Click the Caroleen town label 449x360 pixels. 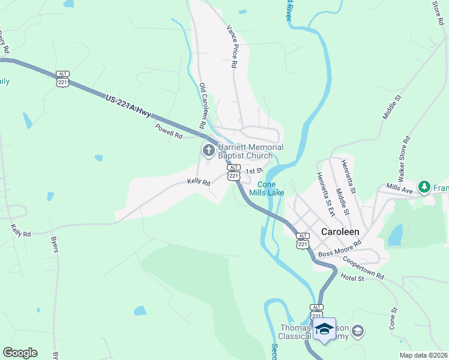[340, 232]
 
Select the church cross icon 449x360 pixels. [209, 149]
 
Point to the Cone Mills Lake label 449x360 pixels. [271, 188]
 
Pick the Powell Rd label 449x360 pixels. [169, 131]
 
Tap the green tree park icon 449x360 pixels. [425, 187]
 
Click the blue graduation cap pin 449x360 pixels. [324, 329]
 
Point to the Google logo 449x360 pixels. [20, 353]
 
